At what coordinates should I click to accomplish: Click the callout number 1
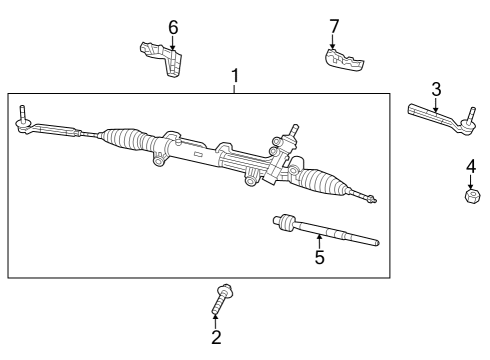pos(235,76)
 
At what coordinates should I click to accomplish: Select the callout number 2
pos(216,337)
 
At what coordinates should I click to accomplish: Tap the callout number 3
pos(436,89)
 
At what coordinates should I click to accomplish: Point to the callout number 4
pos(471,167)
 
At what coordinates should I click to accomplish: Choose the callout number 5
pos(319,257)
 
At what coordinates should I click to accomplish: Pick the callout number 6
pos(173,27)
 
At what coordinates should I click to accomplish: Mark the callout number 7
pos(335,25)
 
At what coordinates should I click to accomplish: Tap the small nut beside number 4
pos(470,194)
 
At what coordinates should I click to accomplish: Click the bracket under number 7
pos(343,61)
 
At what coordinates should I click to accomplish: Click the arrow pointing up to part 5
pos(319,240)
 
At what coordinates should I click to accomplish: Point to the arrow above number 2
pos(216,317)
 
